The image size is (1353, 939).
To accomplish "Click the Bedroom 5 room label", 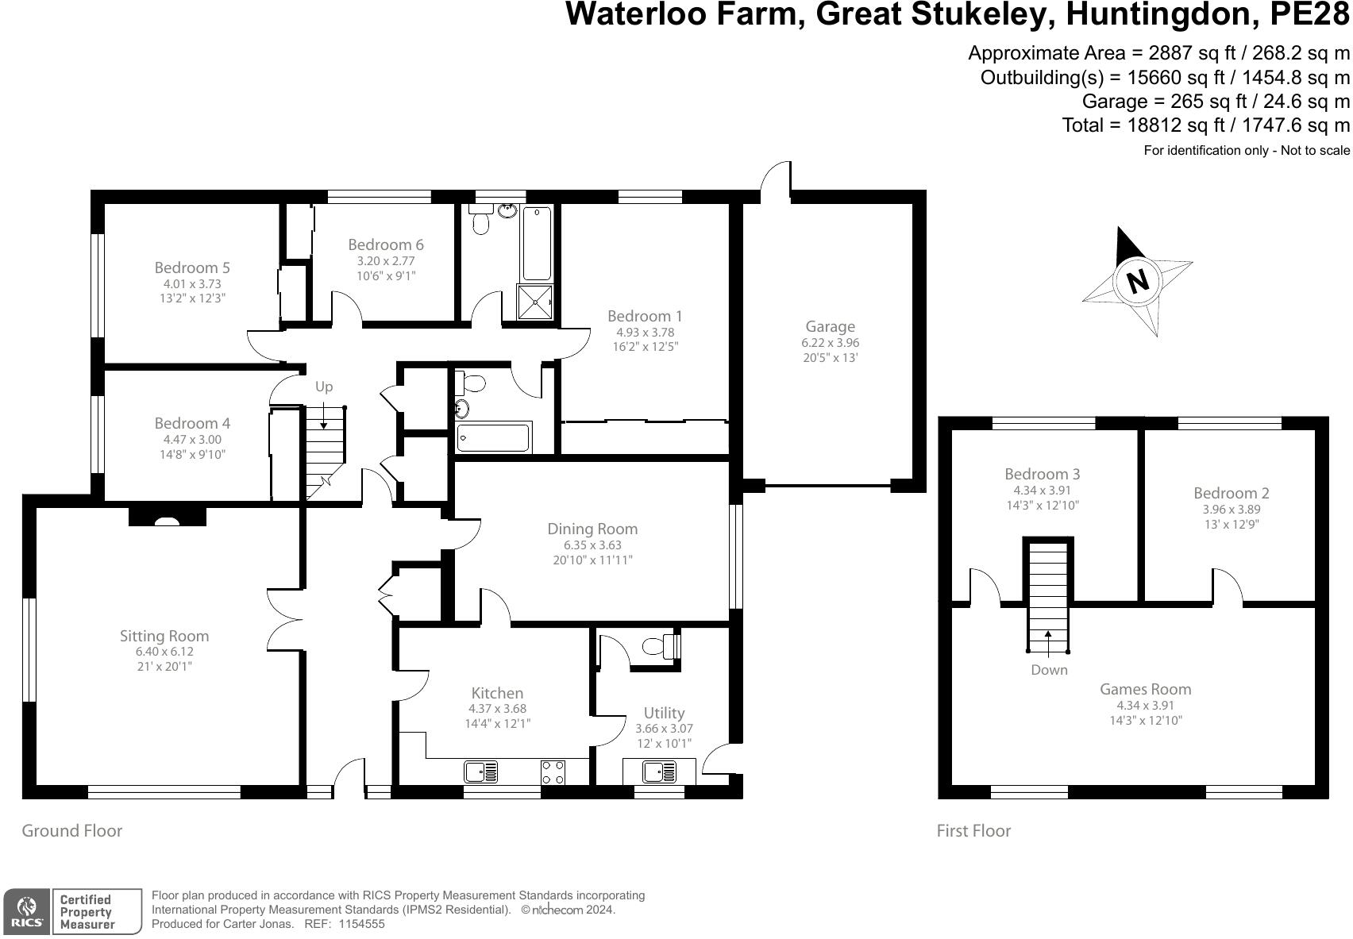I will (x=192, y=267).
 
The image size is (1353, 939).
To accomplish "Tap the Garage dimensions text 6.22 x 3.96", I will (x=830, y=343).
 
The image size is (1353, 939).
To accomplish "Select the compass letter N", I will (x=1138, y=281).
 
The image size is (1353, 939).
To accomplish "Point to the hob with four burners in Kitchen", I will (x=553, y=772).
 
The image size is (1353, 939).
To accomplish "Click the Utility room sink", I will (x=659, y=771).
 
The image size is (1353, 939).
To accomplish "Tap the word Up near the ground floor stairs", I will (x=324, y=387).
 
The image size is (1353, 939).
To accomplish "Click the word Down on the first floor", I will (x=1049, y=670).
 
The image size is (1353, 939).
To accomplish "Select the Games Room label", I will (x=1145, y=689).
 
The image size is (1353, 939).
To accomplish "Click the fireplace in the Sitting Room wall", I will (x=168, y=519).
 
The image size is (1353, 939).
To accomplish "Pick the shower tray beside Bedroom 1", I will (x=535, y=302).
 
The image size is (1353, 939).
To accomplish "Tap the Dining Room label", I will (x=592, y=529).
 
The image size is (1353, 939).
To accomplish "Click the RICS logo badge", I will (x=27, y=911).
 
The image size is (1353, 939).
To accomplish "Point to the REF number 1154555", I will (x=361, y=924).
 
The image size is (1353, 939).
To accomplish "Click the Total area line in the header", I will (x=1205, y=125).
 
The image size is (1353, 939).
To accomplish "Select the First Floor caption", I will (x=973, y=831).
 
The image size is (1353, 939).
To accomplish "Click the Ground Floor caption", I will (x=71, y=831).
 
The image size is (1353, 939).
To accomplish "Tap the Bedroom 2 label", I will (x=1231, y=493).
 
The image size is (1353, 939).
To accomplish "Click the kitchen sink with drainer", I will (x=480, y=771).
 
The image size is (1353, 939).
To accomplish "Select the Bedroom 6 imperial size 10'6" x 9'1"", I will (x=386, y=275).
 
